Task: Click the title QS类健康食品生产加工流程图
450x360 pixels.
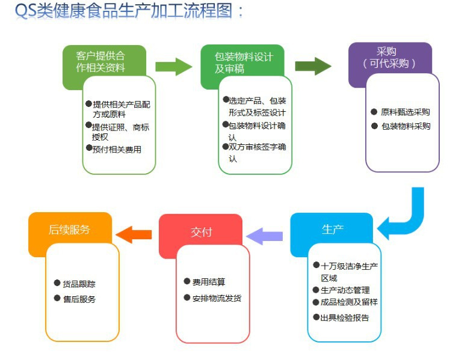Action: [129, 13]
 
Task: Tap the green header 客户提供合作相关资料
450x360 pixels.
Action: [101, 61]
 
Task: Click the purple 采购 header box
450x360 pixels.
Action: [390, 57]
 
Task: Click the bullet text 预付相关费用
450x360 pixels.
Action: [117, 150]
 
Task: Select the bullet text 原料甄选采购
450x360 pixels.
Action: [405, 112]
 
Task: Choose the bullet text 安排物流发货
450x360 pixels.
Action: [217, 298]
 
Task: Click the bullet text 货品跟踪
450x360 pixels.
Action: [79, 283]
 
